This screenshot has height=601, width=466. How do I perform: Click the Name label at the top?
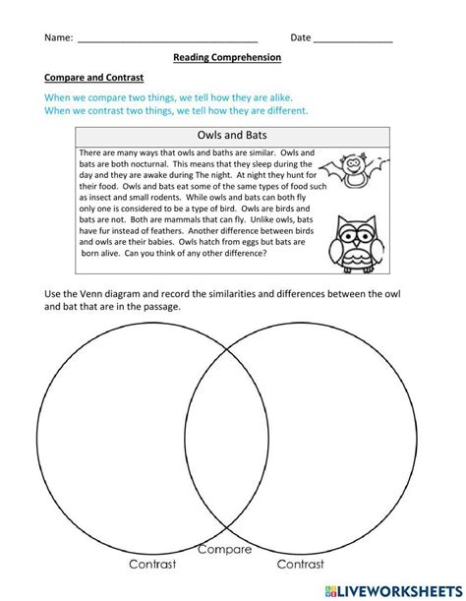click(x=58, y=38)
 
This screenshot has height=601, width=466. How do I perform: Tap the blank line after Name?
click(x=166, y=40)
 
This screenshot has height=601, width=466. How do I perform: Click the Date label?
click(x=300, y=38)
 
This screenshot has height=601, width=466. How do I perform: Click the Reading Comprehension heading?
click(x=227, y=58)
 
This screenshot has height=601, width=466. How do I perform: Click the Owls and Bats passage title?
click(x=226, y=137)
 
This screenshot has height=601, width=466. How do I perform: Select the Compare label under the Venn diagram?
click(x=225, y=550)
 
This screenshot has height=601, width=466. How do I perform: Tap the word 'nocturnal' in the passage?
click(x=158, y=167)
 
